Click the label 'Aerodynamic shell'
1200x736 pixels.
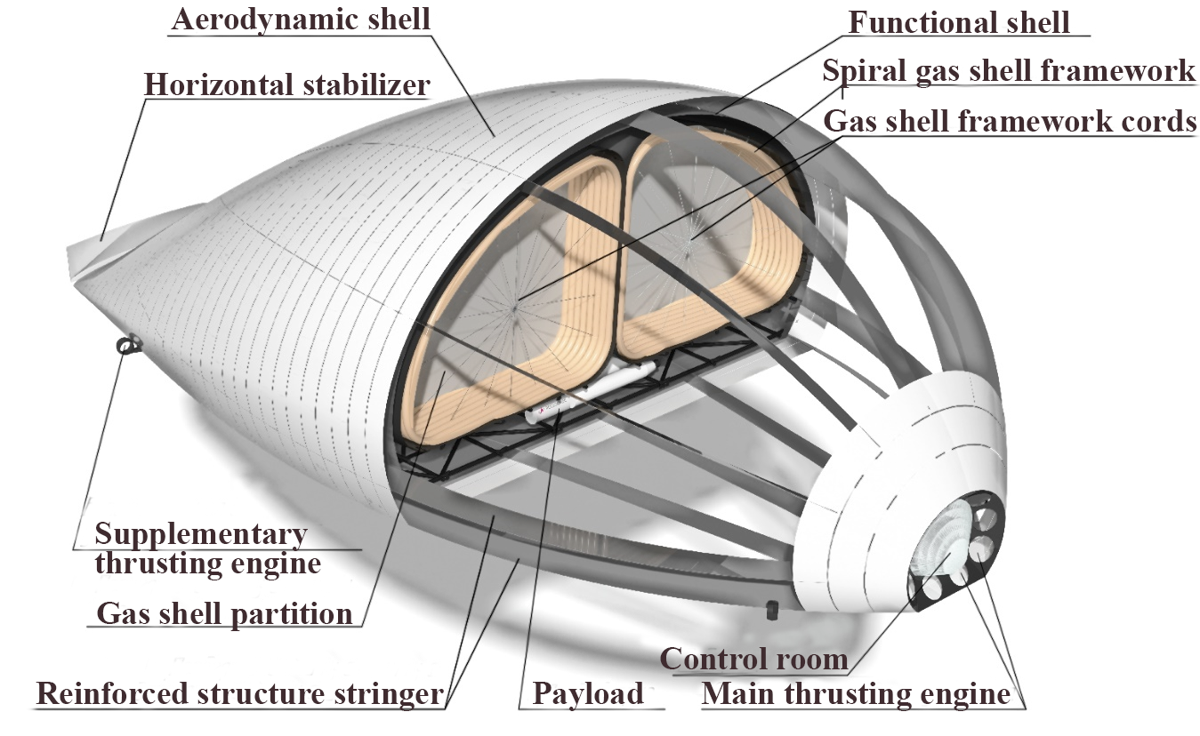pyautogui.click(x=301, y=20)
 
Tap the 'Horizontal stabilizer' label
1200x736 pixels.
pyautogui.click(x=287, y=84)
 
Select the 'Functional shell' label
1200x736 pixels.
pyautogui.click(x=958, y=22)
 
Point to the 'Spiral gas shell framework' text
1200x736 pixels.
pyautogui.click(x=1009, y=71)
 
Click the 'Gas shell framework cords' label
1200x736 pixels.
pyautogui.click(x=1010, y=121)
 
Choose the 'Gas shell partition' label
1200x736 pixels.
pyautogui.click(x=224, y=613)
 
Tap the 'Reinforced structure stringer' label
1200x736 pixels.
pyautogui.click(x=240, y=693)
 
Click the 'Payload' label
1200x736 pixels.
pyautogui.click(x=588, y=693)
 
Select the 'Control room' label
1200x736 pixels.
pyautogui.click(x=754, y=659)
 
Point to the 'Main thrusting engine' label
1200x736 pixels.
pyautogui.click(x=856, y=693)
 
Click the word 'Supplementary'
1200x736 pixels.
pyautogui.click(x=201, y=534)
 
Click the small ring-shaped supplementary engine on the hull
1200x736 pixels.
pyautogui.click(x=127, y=345)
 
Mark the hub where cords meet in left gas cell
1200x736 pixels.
pyautogui.click(x=515, y=308)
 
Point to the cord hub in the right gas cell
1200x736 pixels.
pyautogui.click(x=690, y=239)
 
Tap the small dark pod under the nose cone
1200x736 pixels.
pyautogui.click(x=771, y=610)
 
